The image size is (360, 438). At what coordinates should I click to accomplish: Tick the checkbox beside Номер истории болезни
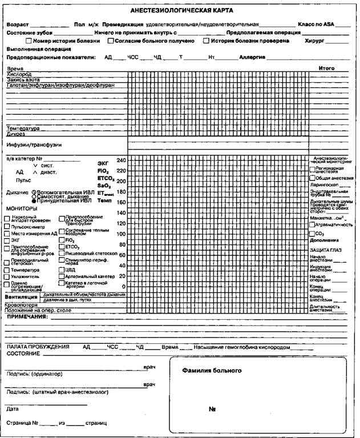coord(29,41)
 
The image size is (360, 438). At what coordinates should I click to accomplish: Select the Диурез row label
coord(16,134)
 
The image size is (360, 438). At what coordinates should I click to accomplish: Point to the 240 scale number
coord(120,160)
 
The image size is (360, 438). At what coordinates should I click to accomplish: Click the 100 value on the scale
coord(120,234)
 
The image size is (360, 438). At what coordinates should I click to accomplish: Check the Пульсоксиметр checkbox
coord(7,226)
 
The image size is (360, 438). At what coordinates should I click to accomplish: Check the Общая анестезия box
coord(312,178)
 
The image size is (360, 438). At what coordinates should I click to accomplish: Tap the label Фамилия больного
coord(208,370)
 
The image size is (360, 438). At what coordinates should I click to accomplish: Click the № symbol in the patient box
coord(212,409)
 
